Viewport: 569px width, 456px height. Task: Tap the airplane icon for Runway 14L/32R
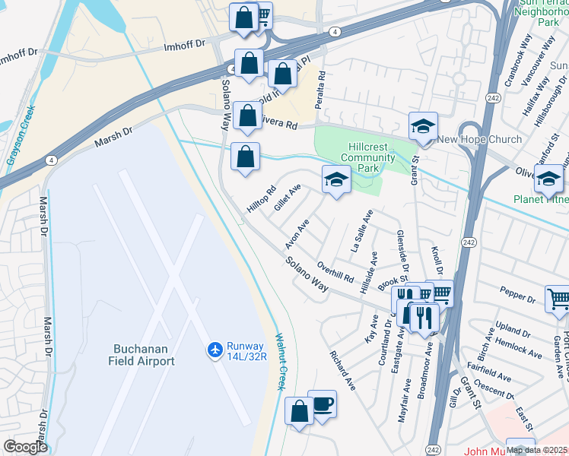pos(215,349)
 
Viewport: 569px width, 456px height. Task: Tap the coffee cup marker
pos(322,403)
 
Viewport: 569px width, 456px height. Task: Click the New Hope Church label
pos(479,139)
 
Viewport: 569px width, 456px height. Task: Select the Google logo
pos(25,447)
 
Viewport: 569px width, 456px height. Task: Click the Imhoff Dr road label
pos(186,45)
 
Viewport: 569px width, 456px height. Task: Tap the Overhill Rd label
pos(335,271)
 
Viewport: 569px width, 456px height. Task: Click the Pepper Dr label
pos(519,291)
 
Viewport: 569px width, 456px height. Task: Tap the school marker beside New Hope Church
pos(423,125)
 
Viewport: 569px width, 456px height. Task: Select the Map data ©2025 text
pos(536,449)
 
